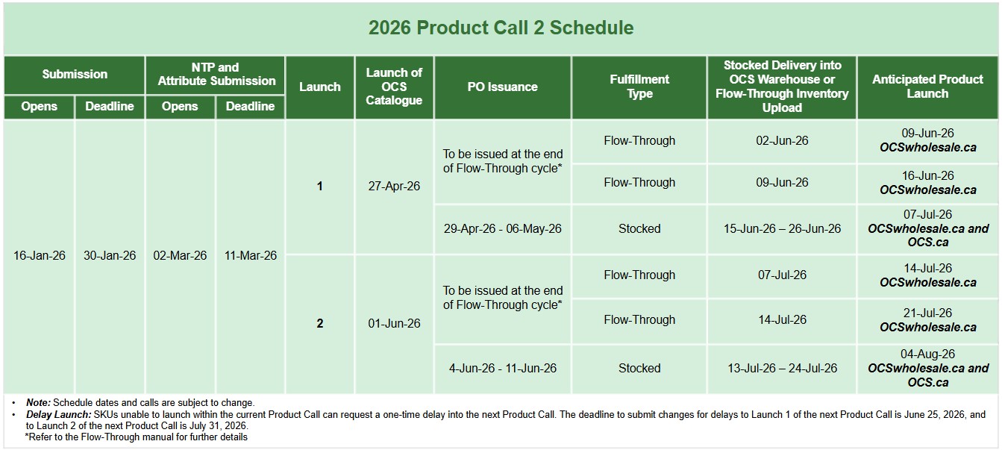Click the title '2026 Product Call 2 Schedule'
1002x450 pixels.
501,28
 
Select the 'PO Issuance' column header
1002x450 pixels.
502,87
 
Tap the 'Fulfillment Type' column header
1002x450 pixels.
639,87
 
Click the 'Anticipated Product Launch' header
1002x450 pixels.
927,87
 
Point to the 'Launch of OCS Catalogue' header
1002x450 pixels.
394,87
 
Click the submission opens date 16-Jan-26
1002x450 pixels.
40,255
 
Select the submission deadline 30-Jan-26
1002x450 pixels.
110,255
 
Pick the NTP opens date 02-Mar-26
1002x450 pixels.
180,255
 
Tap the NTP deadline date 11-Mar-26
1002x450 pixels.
251,255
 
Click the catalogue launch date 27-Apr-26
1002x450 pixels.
394,186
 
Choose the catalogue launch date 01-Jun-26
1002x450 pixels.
394,323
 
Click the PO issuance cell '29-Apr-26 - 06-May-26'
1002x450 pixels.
502,228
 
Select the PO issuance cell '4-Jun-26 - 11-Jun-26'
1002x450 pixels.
503,368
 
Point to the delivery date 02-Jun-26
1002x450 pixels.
782,140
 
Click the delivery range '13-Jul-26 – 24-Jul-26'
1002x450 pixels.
782,368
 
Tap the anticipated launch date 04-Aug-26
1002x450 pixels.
927,354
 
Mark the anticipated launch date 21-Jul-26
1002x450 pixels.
927,313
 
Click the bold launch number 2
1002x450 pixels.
320,323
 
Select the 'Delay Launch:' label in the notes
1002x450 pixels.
59,415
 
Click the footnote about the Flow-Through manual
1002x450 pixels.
136,437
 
